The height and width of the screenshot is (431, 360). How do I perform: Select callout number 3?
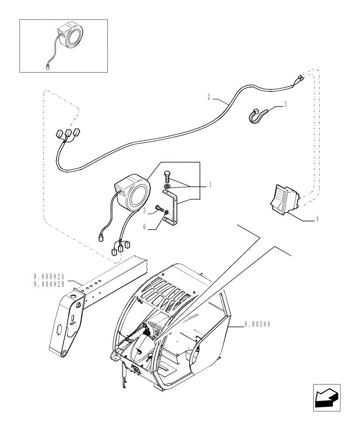coord(285,104)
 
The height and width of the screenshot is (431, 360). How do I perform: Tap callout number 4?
coord(317,220)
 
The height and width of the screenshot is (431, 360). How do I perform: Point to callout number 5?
coord(145,211)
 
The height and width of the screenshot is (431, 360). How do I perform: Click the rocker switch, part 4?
coord(283,199)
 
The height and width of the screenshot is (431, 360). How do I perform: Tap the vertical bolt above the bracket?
coord(168,177)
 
